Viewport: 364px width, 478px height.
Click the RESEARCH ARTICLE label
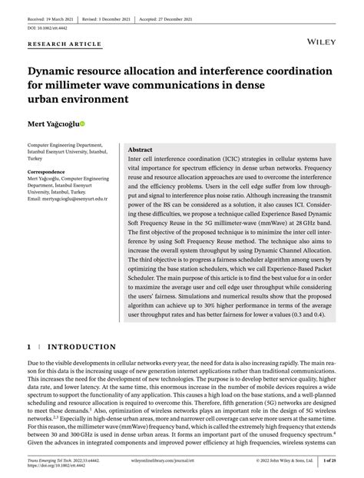click(x=65, y=45)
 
